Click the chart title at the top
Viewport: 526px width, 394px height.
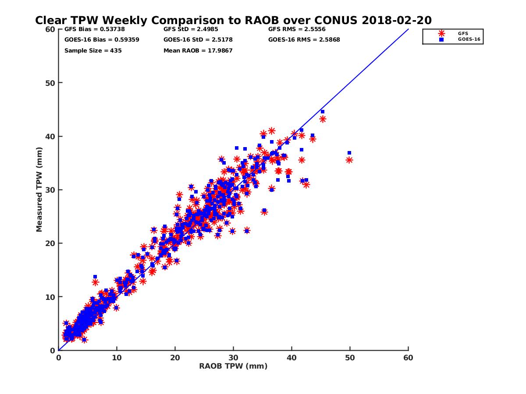233,20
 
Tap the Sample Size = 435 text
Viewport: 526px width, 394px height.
93,50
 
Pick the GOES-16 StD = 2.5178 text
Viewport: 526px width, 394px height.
198,39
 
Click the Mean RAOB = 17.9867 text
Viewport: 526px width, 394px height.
198,50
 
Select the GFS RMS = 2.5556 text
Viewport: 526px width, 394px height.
297,29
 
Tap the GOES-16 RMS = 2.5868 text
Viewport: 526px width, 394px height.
304,39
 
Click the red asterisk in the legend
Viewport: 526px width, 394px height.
441,33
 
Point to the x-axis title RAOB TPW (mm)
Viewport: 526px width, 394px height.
233,366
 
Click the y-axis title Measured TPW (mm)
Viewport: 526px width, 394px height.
39,190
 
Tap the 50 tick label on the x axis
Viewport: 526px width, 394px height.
350,358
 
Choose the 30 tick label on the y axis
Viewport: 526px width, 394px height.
50,190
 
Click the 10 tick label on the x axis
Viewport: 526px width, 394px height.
117,358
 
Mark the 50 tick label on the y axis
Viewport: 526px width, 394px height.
50,83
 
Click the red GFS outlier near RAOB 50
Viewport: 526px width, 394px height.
349,160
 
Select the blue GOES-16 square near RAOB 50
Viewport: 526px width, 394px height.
349,153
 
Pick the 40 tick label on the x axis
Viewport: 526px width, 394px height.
291,358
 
